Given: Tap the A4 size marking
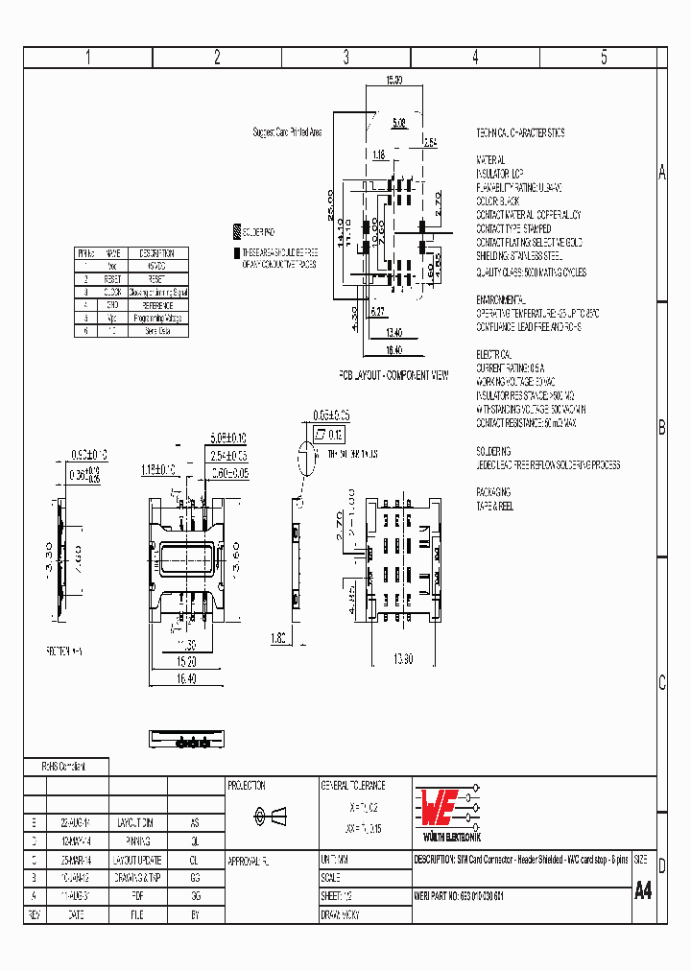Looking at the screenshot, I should pos(643,889).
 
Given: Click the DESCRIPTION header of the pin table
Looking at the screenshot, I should pos(156,252).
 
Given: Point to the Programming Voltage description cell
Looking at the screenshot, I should pos(156,318).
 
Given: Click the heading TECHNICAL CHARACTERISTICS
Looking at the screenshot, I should pos(520,132).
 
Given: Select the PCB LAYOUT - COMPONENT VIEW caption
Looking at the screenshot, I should pos(393,375).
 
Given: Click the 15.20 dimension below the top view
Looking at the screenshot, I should pos(186,662).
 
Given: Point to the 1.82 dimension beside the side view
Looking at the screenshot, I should pos(279,636).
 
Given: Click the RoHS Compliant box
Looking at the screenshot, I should pos(65,767).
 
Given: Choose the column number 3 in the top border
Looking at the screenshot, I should pos(345,57).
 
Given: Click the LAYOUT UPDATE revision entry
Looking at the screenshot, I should pos(138,860).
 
